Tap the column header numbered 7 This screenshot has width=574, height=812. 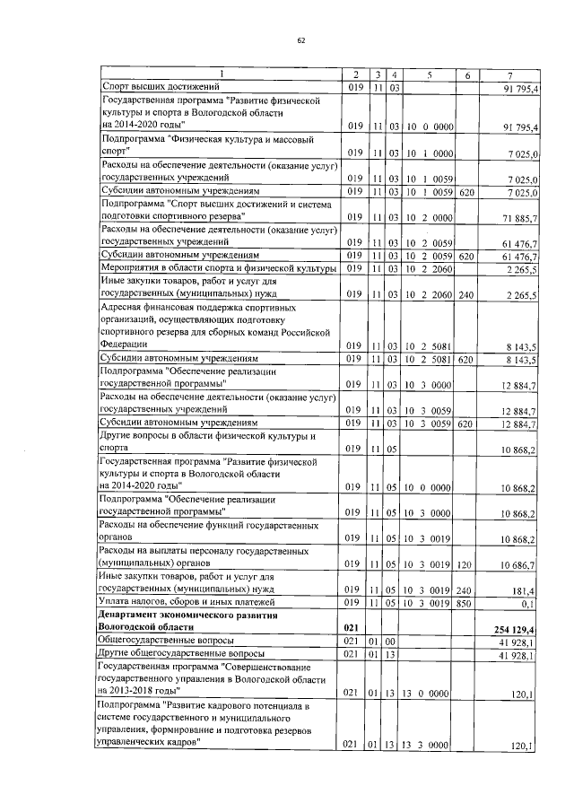pos(509,74)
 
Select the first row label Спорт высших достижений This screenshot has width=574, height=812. pos(157,86)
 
